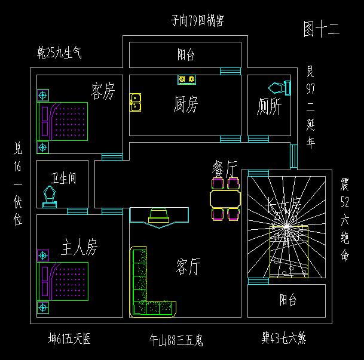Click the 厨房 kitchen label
click(185, 104)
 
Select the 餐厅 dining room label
click(225, 169)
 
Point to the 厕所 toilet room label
click(269, 107)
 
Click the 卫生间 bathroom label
click(63, 178)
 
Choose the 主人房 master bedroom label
click(79, 247)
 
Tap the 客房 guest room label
click(102, 91)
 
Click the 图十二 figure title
click(321, 29)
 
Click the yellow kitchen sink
click(136, 102)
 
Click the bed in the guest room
click(63, 121)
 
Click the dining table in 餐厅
click(225, 198)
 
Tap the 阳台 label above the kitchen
click(186, 55)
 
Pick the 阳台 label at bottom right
click(287, 300)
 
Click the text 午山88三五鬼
click(176, 341)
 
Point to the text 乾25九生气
click(59, 54)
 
